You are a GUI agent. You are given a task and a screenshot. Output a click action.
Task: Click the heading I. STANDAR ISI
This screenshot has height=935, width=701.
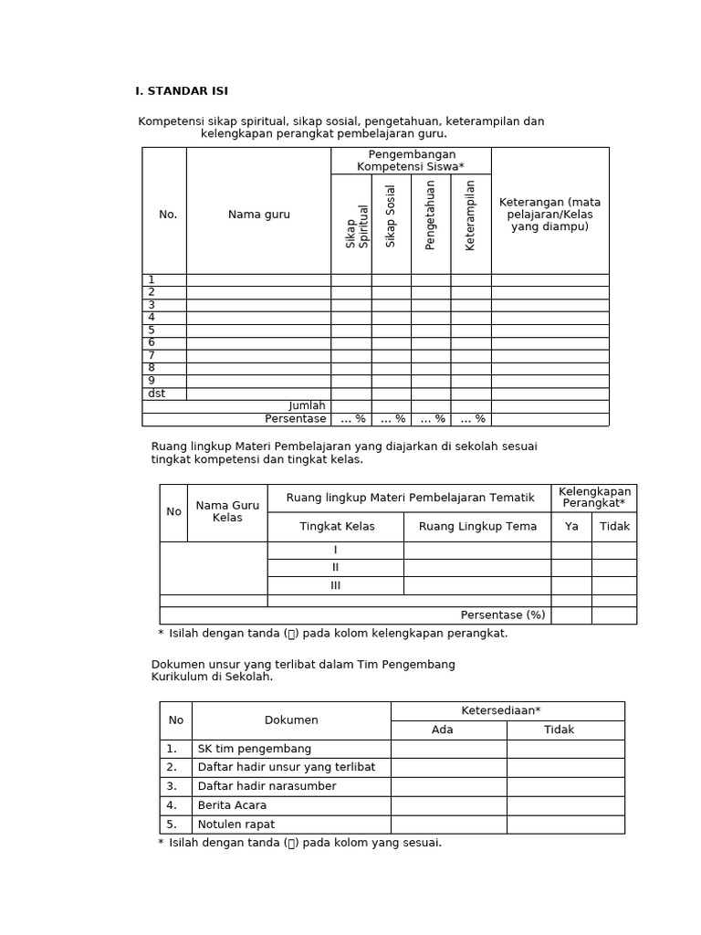coord(182,91)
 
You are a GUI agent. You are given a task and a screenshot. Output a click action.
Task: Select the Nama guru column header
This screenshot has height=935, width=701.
coord(259,215)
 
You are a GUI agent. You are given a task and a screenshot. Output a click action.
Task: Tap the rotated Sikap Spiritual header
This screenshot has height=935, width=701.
coord(357,226)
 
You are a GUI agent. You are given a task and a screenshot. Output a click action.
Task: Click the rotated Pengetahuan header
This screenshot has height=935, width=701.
coord(431,215)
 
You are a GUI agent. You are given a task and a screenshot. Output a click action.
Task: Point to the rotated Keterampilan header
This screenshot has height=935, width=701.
coord(470,215)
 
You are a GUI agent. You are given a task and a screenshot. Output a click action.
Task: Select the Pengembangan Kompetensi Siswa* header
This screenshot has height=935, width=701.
coord(411,161)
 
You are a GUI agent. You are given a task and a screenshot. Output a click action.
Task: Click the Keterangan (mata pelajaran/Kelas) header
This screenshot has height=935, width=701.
coord(549,215)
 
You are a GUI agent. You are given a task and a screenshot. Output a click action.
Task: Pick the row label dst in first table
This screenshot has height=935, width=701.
coord(157,394)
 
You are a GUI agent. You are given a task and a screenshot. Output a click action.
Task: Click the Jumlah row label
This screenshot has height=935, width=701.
coord(308,406)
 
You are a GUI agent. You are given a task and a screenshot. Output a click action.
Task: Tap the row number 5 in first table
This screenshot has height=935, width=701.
coord(152,331)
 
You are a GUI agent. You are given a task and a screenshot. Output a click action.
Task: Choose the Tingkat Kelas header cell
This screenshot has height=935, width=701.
coord(335,527)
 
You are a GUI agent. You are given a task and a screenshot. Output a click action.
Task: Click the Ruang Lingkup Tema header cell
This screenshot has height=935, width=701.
coord(477,527)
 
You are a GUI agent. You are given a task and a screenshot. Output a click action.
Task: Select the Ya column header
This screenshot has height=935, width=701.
coord(571,527)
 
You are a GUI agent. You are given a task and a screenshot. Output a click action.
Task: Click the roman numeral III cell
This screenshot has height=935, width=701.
coord(335,585)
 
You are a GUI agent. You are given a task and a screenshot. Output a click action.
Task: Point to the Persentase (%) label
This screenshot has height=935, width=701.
coord(503,615)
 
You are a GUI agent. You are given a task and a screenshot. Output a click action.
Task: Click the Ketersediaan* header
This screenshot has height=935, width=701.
coord(507,710)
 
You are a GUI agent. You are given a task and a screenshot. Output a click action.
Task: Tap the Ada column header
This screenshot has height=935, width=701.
coord(443,730)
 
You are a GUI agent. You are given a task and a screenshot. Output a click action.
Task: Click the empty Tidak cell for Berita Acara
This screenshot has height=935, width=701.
coord(565,805)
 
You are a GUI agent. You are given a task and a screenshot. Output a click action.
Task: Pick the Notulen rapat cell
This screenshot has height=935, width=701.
coord(236,825)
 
